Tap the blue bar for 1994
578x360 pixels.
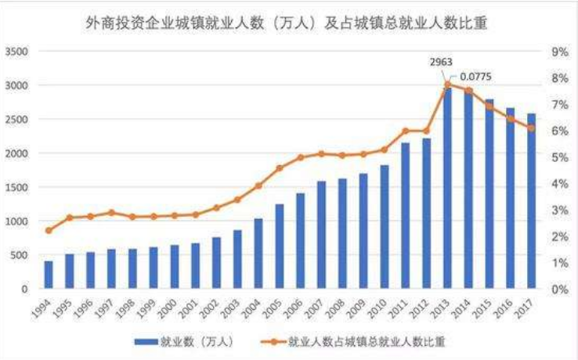[x=49, y=275]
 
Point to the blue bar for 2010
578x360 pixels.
[x=384, y=227]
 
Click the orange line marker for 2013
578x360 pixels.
[x=448, y=84]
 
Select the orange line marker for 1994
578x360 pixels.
[x=49, y=230]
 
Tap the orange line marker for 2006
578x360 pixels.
[x=300, y=157]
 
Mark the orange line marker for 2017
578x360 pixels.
[x=531, y=128]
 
